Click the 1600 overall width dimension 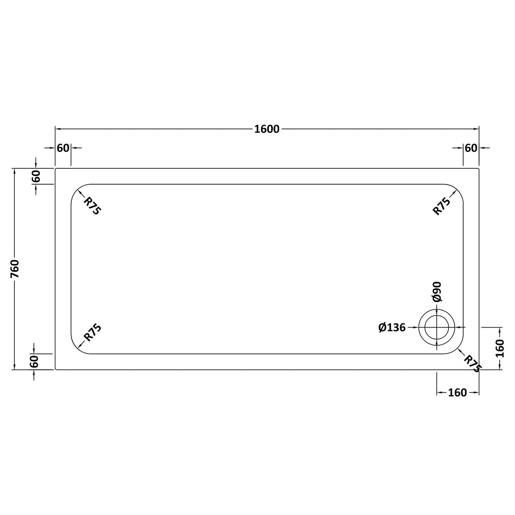coord(267,129)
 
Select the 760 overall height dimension coord(15,269)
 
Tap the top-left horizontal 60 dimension coord(63,148)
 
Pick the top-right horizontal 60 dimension coord(471,148)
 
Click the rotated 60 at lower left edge coord(35,361)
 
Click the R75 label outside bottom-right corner coord(471,364)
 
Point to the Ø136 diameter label coord(392,327)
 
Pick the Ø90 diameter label coord(437,292)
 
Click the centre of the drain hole coord(437,327)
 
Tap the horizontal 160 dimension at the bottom coord(457,393)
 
